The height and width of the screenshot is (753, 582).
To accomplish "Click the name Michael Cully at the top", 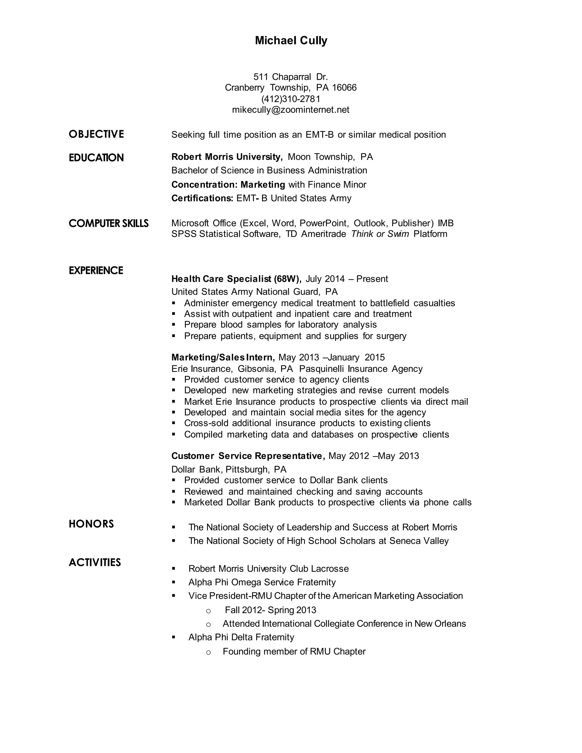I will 291,41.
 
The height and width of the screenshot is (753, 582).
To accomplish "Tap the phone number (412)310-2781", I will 291,99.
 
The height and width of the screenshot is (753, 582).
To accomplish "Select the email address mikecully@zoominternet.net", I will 291,110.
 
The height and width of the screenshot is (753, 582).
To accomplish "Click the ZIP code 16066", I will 344,88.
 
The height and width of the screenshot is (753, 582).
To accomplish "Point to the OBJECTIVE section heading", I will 96,134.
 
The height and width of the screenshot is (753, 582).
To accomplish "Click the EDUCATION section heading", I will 96,158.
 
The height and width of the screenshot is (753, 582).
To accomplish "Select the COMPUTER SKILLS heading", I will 109,223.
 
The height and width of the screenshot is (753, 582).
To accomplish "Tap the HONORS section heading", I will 92,524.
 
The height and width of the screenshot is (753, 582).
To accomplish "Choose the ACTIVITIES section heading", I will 95,562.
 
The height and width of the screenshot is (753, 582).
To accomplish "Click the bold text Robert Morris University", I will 227,157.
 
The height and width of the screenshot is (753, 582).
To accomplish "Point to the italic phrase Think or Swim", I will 380,234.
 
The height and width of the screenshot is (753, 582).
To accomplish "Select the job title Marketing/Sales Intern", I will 223,357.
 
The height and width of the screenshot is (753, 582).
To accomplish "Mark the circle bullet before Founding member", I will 208,652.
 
